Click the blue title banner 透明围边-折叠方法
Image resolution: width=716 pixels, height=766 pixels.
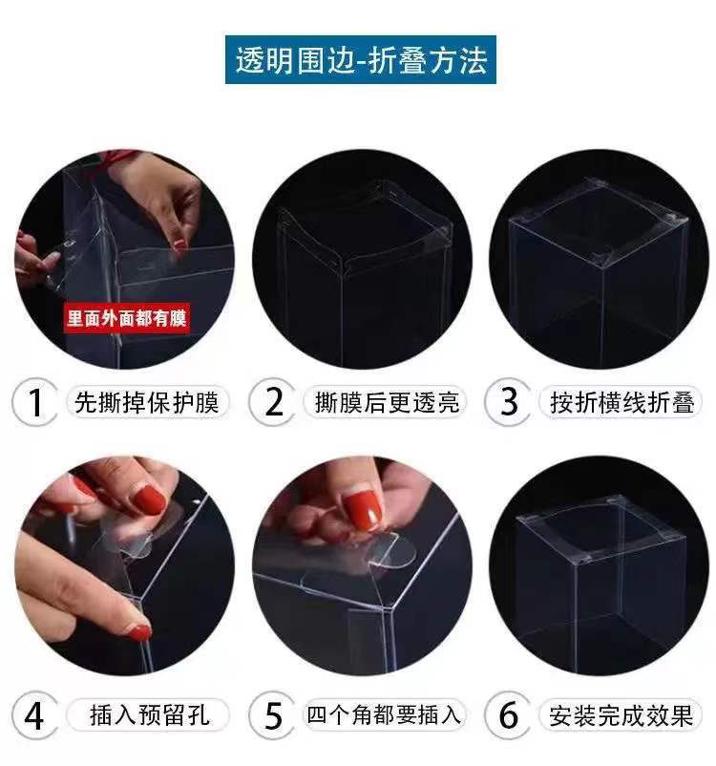(x=361, y=59)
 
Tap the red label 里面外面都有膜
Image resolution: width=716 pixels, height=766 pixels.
(x=127, y=319)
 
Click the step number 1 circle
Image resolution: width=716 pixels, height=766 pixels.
(x=34, y=402)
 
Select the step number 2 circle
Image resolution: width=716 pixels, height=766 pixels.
(x=272, y=402)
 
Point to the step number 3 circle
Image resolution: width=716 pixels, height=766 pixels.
(x=508, y=402)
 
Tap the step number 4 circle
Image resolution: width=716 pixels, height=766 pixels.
(x=34, y=715)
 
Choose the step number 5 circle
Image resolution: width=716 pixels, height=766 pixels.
(x=272, y=715)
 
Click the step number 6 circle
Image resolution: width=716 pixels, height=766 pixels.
(x=508, y=715)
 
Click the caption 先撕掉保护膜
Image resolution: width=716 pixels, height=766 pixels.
(x=146, y=402)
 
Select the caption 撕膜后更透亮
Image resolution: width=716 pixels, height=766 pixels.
(x=387, y=402)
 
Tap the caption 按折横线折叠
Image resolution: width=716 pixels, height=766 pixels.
(x=621, y=402)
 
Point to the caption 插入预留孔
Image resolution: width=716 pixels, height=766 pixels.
(x=150, y=715)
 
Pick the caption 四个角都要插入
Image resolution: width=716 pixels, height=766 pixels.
(x=384, y=715)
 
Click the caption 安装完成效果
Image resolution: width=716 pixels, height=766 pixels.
(x=621, y=715)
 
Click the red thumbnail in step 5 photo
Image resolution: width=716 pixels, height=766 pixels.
(x=363, y=507)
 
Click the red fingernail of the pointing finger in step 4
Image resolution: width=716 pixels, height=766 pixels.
(x=139, y=632)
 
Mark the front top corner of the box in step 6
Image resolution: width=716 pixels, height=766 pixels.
(x=577, y=564)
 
